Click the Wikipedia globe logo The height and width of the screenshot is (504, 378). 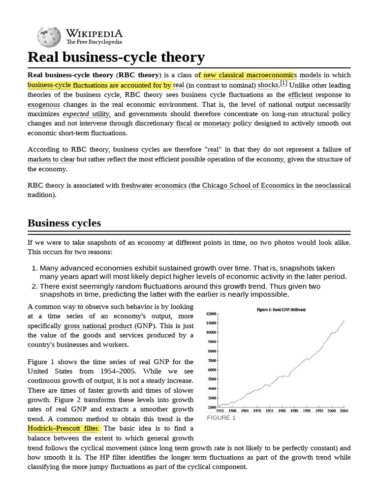pyautogui.click(x=48, y=36)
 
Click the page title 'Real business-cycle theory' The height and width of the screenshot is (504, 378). pyautogui.click(x=116, y=58)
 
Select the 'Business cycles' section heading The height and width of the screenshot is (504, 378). pyautogui.click(x=64, y=222)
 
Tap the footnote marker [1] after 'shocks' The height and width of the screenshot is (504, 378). pyautogui.click(x=283, y=84)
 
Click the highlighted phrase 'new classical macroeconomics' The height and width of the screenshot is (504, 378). pyautogui.click(x=249, y=75)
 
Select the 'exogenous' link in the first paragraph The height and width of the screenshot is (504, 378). pyautogui.click(x=44, y=104)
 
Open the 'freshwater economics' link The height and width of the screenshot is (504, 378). pyautogui.click(x=154, y=186)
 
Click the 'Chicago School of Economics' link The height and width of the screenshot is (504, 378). pyautogui.click(x=248, y=186)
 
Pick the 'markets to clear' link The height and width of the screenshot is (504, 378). pyautogui.click(x=51, y=159)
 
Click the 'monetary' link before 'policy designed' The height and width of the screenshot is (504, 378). pyautogui.click(x=217, y=124)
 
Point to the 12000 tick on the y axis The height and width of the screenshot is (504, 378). pyautogui.click(x=211, y=314)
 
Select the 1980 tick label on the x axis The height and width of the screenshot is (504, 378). pyautogui.click(x=282, y=410)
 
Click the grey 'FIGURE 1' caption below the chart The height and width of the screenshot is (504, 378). pyautogui.click(x=221, y=418)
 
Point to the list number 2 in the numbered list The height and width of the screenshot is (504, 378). pyautogui.click(x=34, y=286)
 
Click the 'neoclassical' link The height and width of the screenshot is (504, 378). pyautogui.click(x=333, y=186)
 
